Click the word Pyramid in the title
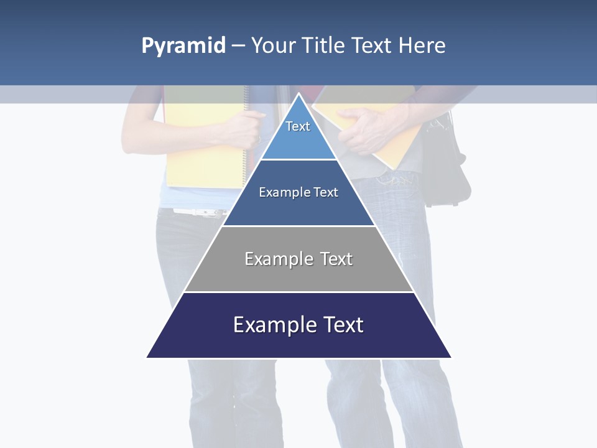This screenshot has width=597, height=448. click(183, 46)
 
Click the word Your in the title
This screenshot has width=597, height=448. click(273, 46)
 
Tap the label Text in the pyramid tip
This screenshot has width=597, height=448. click(298, 126)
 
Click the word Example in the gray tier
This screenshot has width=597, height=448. click(278, 259)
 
